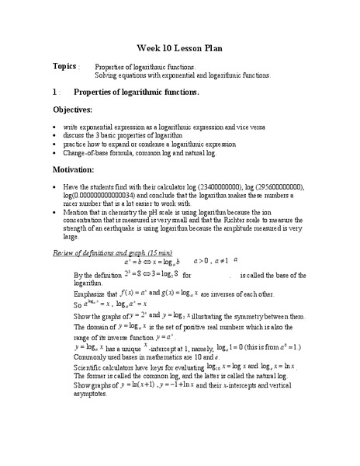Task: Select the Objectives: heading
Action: tap(77, 110)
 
